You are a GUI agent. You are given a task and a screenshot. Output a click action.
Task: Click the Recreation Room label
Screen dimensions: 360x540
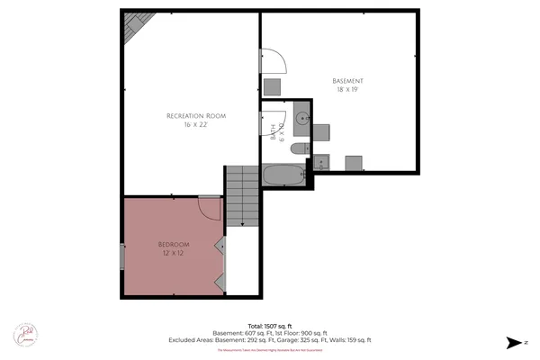coord(195,116)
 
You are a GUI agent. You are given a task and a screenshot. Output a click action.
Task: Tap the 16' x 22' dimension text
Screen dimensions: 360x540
coord(195,125)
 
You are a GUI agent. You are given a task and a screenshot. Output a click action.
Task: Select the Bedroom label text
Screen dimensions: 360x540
coord(174,244)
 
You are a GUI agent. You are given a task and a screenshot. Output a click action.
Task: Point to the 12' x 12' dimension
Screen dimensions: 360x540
coord(174,253)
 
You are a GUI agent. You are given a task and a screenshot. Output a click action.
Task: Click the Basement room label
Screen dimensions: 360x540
coord(346,81)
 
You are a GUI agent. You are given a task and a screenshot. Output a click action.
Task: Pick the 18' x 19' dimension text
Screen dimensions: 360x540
coord(346,90)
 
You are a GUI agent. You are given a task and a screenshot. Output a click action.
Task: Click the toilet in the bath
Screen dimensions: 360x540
coord(305,148)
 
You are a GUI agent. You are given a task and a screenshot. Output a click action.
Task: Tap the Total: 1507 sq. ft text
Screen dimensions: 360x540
coord(270,325)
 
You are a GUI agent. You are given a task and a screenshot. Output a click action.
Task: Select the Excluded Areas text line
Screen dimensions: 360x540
coord(270,340)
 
